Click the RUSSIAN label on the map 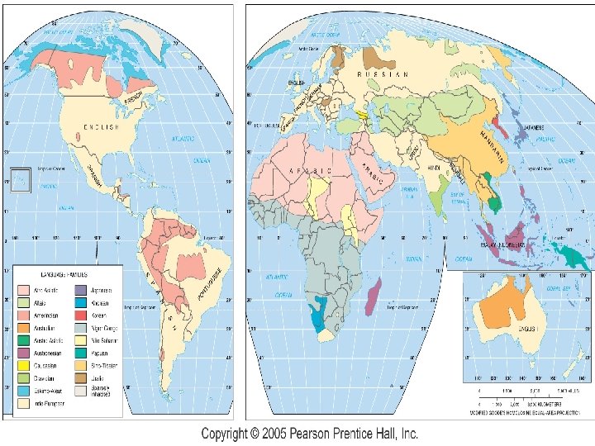click(382, 74)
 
